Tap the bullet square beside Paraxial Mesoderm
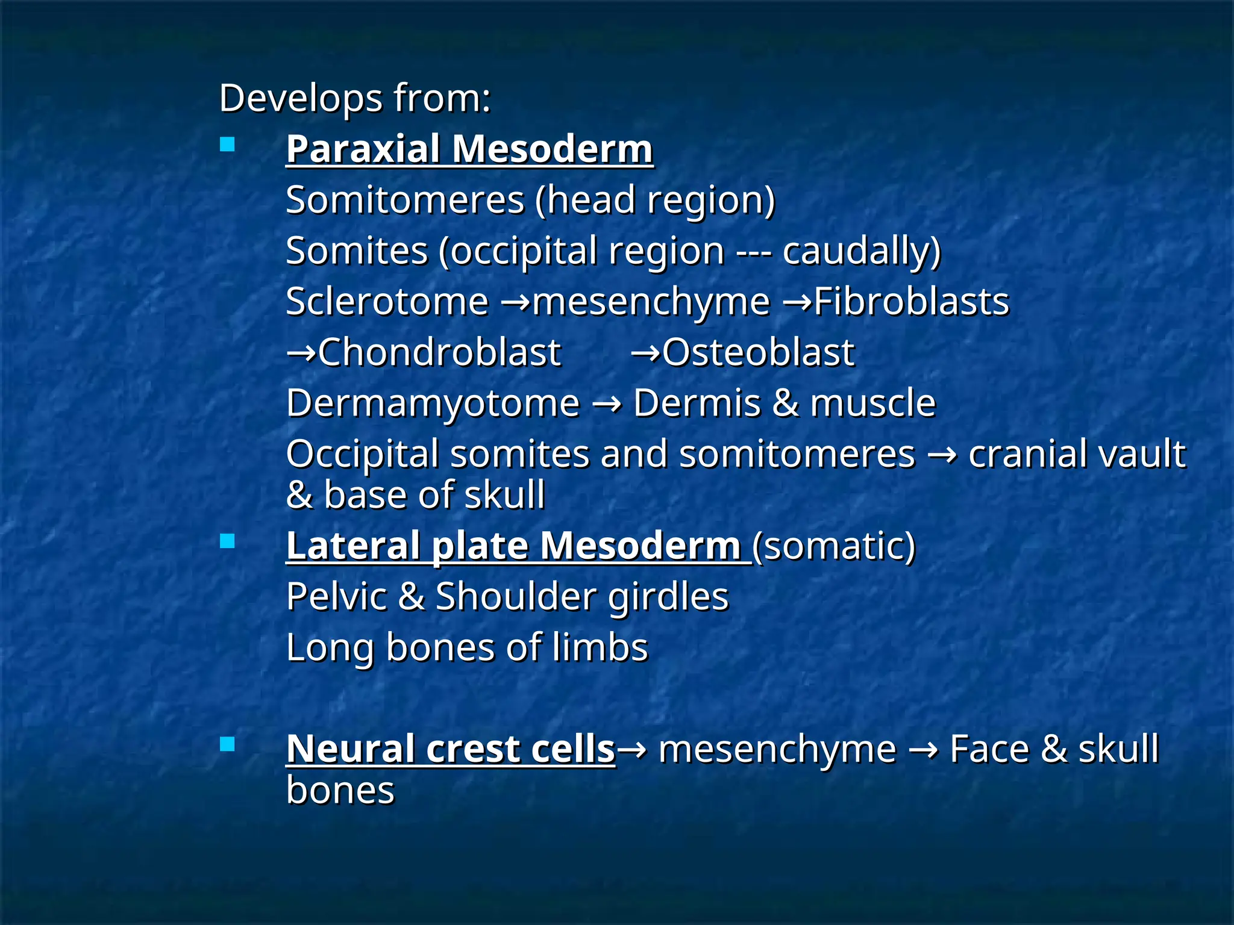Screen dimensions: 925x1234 click(x=227, y=145)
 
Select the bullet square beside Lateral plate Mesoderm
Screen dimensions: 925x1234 click(x=227, y=541)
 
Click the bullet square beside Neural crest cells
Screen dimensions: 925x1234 click(x=227, y=745)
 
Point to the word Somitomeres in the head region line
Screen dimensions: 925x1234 click(x=405, y=200)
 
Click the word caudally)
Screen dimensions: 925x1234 click(x=861, y=251)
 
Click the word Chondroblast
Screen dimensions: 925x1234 click(x=439, y=352)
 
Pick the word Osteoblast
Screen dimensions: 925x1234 click(x=758, y=352)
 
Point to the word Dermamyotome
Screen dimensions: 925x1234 click(x=433, y=403)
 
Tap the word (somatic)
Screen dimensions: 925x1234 click(x=834, y=546)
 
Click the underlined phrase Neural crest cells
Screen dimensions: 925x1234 click(x=450, y=749)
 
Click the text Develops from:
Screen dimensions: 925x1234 click(x=355, y=98)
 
